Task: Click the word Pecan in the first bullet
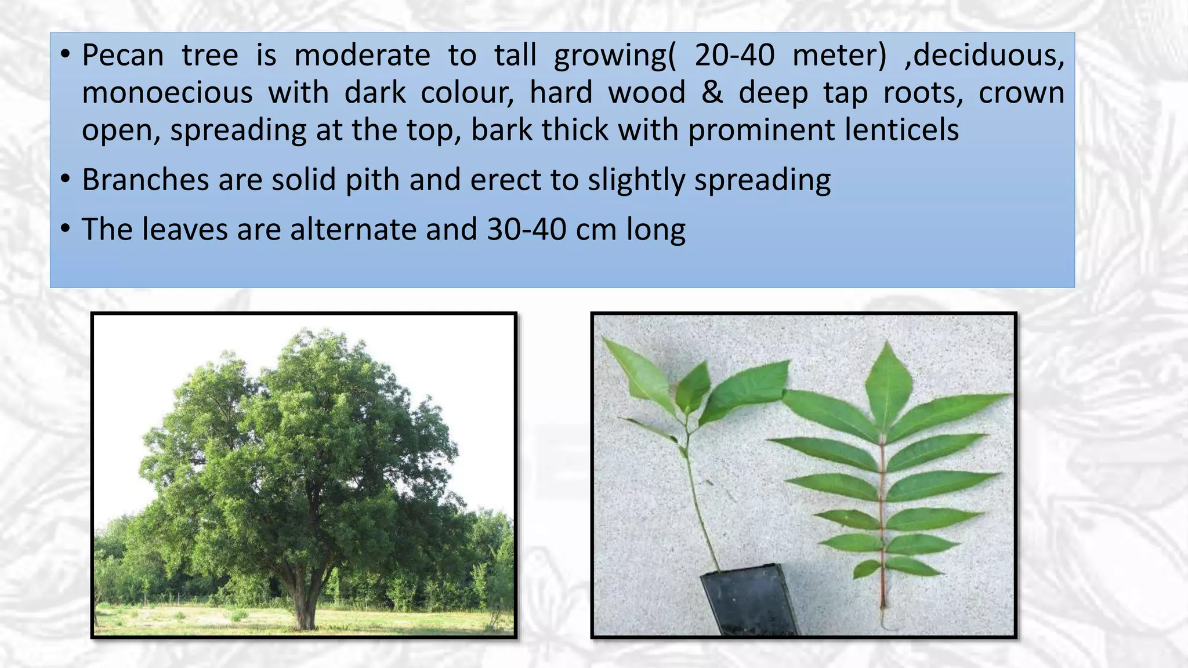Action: [x=122, y=56]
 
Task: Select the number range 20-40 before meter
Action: [x=734, y=56]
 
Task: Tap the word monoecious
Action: [x=167, y=93]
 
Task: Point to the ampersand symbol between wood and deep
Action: [x=712, y=93]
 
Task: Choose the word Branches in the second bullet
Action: [x=145, y=180]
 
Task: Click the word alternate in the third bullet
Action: [x=353, y=230]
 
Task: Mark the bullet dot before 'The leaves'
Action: [x=66, y=228]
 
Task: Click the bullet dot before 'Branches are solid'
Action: [x=66, y=179]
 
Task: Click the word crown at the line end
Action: [x=1021, y=93]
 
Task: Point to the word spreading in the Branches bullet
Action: [x=762, y=180]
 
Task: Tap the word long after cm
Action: [x=655, y=230]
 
